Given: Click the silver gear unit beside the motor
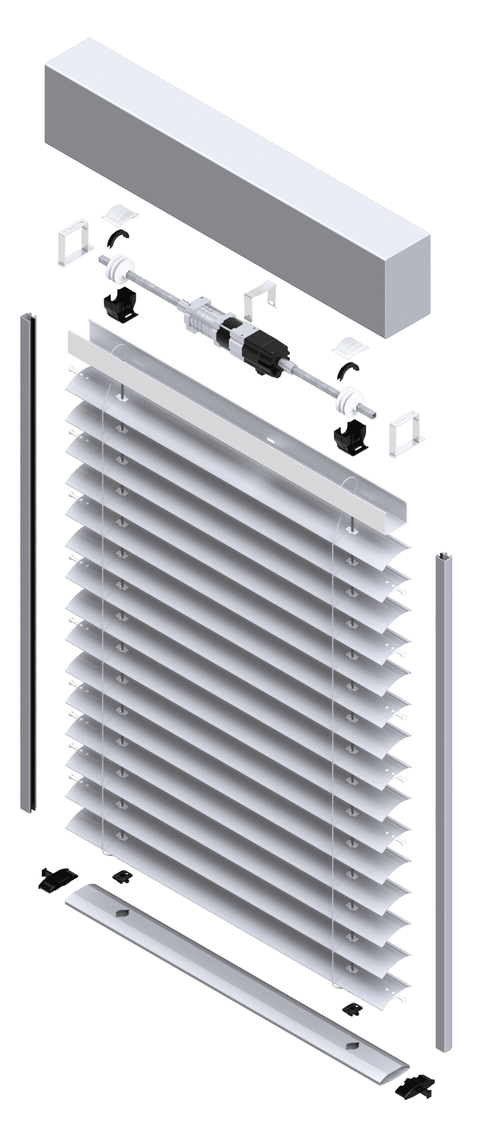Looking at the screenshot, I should coord(202,316).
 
